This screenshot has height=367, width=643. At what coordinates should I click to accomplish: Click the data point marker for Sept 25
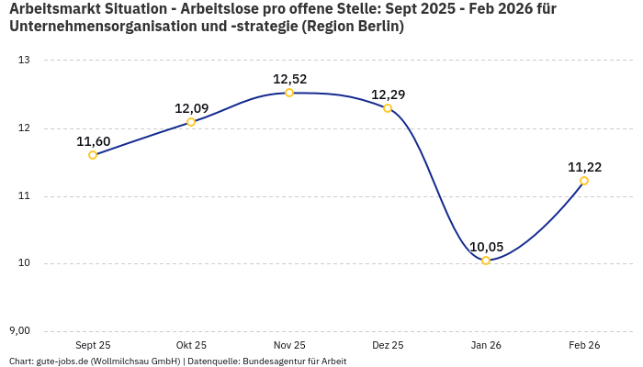(93, 155)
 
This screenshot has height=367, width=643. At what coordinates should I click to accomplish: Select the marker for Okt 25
(191, 122)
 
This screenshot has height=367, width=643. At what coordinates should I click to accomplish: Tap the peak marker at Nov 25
(289, 93)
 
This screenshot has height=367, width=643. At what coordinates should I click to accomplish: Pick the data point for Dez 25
(388, 108)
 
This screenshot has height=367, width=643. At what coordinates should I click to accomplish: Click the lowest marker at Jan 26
(486, 261)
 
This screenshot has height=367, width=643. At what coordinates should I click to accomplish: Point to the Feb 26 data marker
(584, 181)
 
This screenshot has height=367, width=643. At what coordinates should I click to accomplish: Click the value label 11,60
(93, 141)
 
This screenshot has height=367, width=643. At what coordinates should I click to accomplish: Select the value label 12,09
(191, 108)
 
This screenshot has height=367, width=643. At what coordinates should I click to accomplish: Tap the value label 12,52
(289, 79)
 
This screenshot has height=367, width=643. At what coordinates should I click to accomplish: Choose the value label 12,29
(388, 95)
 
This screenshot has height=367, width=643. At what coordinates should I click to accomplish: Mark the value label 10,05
(486, 247)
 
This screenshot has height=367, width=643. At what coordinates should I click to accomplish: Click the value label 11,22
(584, 167)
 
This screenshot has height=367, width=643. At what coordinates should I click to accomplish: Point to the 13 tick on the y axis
(24, 61)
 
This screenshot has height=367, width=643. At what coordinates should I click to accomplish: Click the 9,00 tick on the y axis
(20, 331)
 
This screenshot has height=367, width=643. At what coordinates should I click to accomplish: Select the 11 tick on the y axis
(24, 196)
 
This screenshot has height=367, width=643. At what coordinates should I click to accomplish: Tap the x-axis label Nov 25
(289, 345)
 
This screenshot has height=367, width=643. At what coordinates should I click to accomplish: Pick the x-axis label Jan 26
(486, 345)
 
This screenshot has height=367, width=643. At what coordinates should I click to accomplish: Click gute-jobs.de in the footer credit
(62, 361)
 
